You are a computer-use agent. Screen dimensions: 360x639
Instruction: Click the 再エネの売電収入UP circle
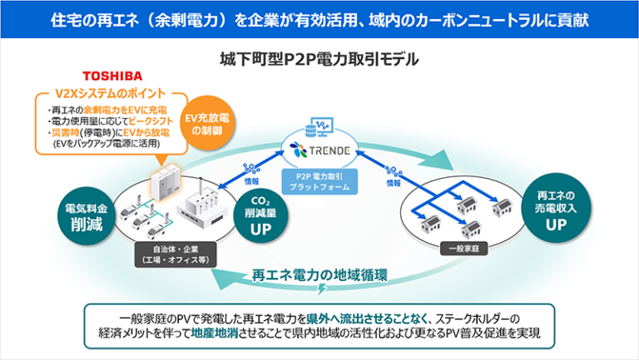click(554, 212)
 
